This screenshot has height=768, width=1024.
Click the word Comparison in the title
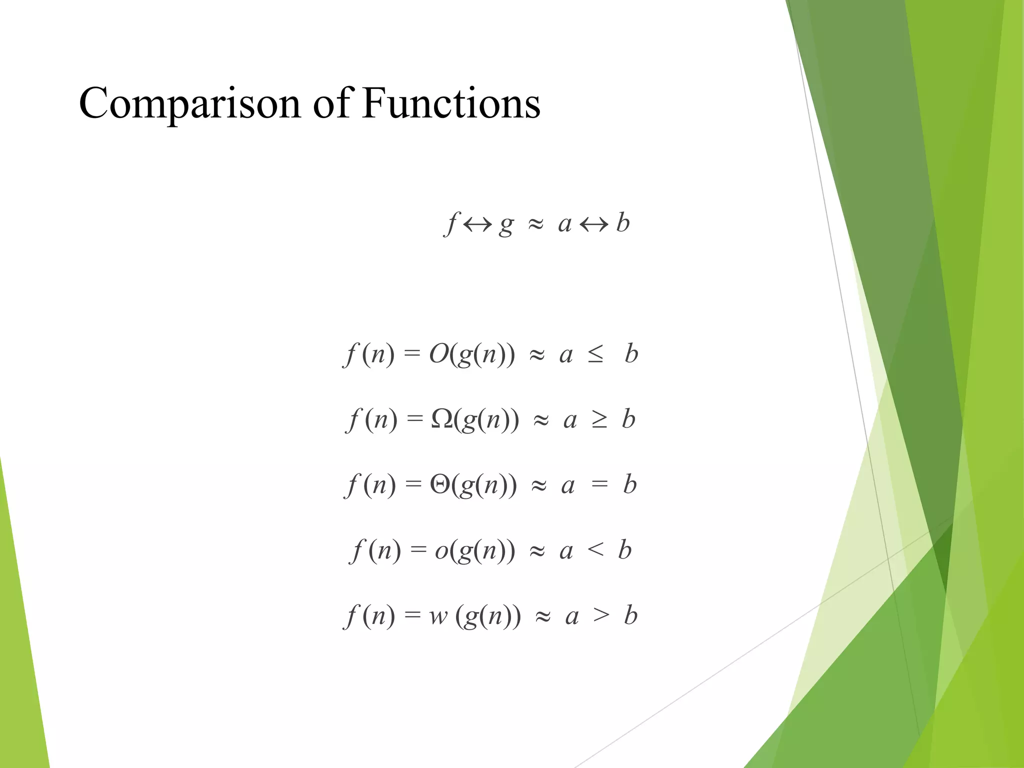[189, 103]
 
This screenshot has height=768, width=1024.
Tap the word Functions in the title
[451, 103]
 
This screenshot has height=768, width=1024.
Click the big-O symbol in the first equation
[439, 354]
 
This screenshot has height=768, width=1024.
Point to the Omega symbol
[442, 419]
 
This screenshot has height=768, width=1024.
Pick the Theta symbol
[440, 484]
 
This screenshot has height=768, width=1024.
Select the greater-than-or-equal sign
[599, 419]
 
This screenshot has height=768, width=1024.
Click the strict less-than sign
[595, 550]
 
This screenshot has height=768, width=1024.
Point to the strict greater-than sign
[601, 615]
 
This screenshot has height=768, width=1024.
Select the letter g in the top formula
[506, 225]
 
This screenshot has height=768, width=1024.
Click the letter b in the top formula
[622, 222]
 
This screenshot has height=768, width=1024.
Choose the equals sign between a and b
[599, 484]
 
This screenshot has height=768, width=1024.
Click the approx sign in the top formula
[535, 224]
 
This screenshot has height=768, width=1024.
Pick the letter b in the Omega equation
[628, 419]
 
